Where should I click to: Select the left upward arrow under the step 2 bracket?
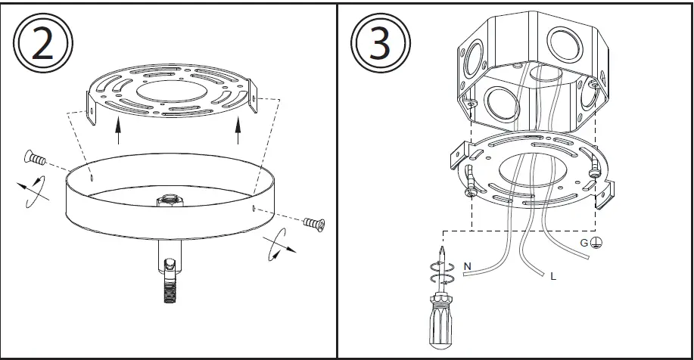pyautogui.click(x=118, y=129)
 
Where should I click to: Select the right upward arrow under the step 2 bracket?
pyautogui.click(x=239, y=129)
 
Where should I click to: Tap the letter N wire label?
pyautogui.click(x=467, y=265)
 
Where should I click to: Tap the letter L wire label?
pyautogui.click(x=553, y=278)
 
